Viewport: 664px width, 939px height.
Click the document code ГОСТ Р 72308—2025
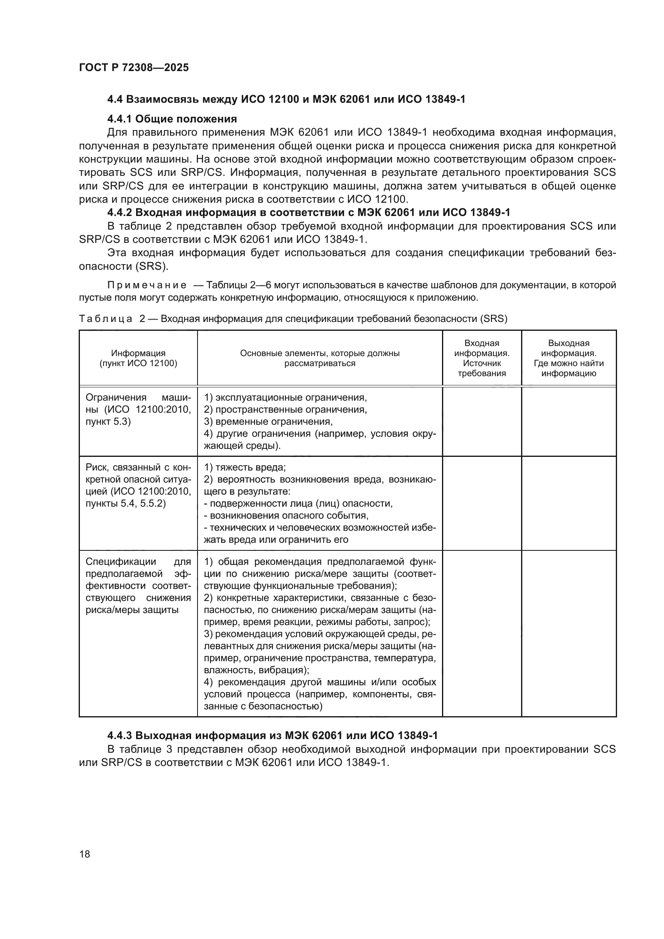(134, 68)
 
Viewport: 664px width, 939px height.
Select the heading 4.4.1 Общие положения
(172, 119)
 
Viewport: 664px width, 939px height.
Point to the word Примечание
(147, 285)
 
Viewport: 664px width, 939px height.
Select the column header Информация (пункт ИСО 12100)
(138, 358)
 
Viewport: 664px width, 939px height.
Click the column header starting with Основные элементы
(319, 358)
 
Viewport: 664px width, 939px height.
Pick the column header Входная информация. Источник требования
(482, 358)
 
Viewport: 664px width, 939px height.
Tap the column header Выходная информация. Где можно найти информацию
(568, 358)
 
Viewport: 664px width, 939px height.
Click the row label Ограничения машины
(138, 409)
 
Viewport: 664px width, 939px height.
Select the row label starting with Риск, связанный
(138, 485)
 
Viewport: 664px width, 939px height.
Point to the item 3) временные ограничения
(268, 421)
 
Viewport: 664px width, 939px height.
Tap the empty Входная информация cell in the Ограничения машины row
(482, 421)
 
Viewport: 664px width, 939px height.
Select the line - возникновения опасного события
(286, 515)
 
